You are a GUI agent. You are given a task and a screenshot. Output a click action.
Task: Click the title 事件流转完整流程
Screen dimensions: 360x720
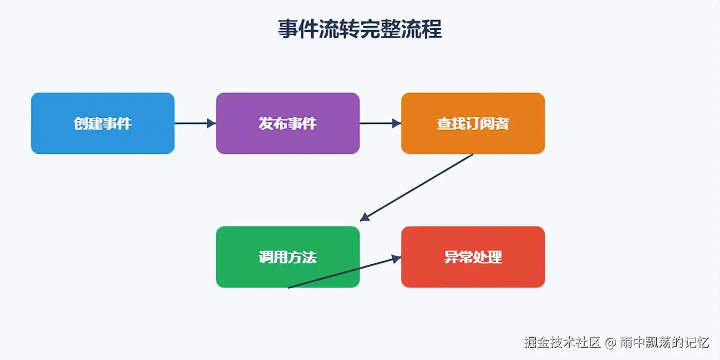click(x=360, y=29)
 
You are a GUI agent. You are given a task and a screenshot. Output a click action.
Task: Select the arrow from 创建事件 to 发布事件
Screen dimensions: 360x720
click(x=193, y=123)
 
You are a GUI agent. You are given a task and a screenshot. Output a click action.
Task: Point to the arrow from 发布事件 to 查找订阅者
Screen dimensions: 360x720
click(x=378, y=123)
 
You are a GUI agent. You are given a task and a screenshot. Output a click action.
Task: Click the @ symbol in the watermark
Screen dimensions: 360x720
click(x=610, y=343)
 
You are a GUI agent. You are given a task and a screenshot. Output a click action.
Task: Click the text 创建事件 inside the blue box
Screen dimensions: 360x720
click(x=103, y=123)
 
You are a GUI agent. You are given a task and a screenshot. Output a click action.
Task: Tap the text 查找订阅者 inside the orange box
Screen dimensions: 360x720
click(x=473, y=123)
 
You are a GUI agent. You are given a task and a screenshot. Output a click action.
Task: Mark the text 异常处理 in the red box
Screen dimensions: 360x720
click(x=473, y=257)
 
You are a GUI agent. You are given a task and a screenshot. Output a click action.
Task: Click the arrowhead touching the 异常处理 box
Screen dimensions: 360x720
click(x=397, y=259)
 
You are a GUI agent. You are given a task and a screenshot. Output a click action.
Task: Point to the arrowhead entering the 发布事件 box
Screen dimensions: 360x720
click(x=211, y=123)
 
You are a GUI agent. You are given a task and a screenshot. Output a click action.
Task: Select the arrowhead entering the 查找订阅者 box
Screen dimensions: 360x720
click(x=397, y=123)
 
